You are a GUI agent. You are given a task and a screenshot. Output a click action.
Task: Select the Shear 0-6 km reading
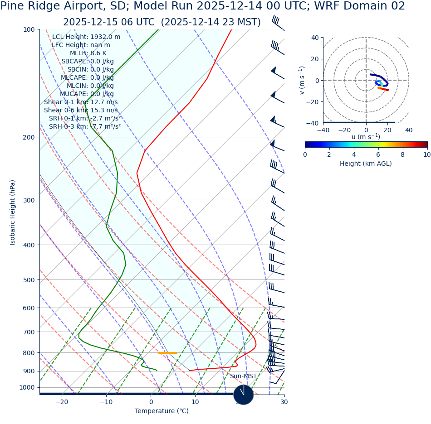(81, 110)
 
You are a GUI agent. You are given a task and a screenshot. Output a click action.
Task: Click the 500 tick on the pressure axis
(29, 280)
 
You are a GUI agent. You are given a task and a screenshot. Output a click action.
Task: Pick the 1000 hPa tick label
(27, 387)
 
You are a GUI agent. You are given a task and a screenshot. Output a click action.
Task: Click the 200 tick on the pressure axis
(29, 137)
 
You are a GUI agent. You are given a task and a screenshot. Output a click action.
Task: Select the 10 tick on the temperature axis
(195, 402)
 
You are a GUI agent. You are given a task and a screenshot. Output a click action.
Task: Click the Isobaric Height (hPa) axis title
(13, 212)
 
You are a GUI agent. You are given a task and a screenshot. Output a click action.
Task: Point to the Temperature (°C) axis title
(162, 411)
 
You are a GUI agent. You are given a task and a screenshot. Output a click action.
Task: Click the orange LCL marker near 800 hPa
(168, 353)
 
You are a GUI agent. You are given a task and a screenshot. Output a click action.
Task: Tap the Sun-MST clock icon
(244, 395)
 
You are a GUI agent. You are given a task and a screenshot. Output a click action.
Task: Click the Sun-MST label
(243, 376)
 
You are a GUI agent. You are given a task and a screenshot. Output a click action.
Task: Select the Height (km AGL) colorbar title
(366, 164)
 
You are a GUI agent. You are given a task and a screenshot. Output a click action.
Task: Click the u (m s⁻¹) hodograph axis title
(366, 137)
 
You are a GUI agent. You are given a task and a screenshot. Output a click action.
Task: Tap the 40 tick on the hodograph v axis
(315, 38)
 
